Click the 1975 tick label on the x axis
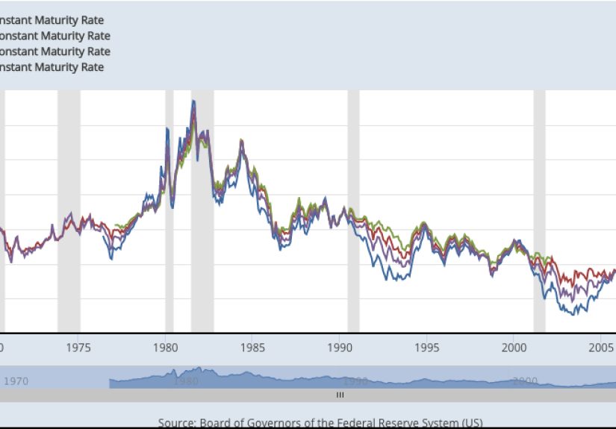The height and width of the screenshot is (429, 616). point(78,347)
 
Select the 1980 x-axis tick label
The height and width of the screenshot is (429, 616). point(165,347)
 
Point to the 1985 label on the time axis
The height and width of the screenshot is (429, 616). point(252,347)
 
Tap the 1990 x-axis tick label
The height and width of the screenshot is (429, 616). point(340,347)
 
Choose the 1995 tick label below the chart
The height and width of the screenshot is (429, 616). point(426,347)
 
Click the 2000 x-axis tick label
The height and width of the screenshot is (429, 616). point(514,347)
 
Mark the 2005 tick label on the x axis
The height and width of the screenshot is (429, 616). point(600,347)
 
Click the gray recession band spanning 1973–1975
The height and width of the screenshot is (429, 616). point(69,209)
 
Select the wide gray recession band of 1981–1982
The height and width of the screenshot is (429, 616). point(202,224)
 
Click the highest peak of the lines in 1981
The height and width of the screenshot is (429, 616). point(193,101)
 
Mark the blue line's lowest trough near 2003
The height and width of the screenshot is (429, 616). point(576,313)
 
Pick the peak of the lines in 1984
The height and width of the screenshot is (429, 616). point(241,140)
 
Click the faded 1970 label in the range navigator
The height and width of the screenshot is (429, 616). point(16,381)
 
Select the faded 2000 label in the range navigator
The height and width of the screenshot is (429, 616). point(525,381)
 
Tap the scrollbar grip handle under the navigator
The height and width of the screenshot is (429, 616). point(340,395)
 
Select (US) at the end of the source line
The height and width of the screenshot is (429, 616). point(470,423)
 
